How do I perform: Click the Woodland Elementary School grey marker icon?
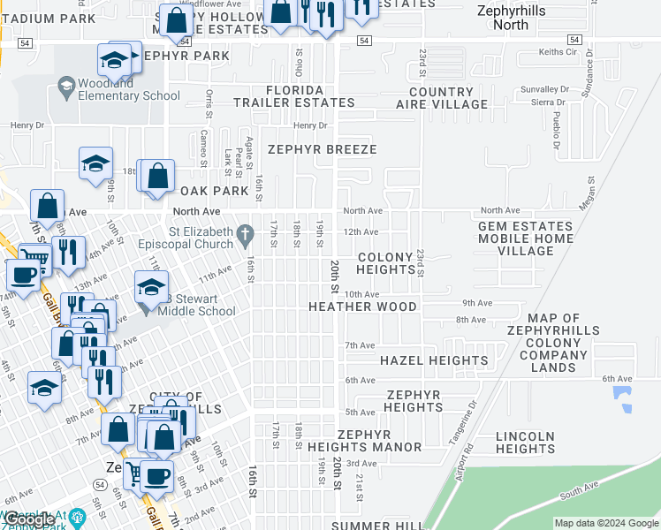pyautogui.click(x=65, y=85)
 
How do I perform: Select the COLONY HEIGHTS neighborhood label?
pyautogui.click(x=385, y=263)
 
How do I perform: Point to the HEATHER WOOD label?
pyautogui.click(x=362, y=307)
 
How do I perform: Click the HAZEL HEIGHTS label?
pyautogui.click(x=433, y=360)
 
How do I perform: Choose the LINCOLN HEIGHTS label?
pyautogui.click(x=525, y=443)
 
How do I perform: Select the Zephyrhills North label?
pyautogui.click(x=514, y=18)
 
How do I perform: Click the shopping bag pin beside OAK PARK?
pyautogui.click(x=157, y=177)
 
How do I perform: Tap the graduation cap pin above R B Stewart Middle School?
pyautogui.click(x=151, y=287)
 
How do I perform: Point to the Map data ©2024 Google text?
pyautogui.click(x=606, y=523)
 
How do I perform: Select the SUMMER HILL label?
pyautogui.click(x=365, y=526)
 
